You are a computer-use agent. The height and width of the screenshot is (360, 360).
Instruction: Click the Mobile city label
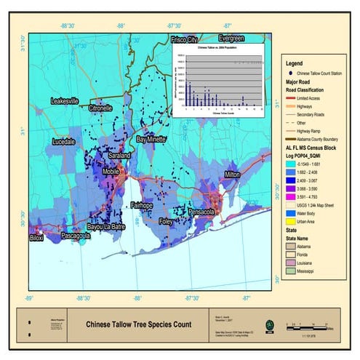pyautogui.click(x=111, y=172)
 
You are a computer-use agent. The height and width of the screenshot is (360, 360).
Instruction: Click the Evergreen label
pyautogui.click(x=231, y=37)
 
